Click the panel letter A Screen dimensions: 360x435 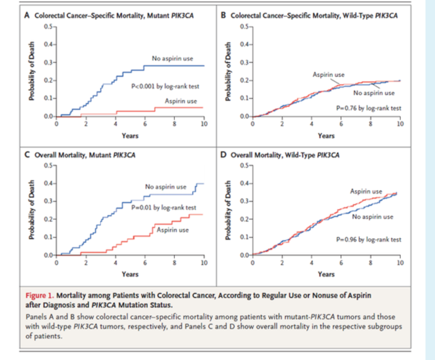(26, 16)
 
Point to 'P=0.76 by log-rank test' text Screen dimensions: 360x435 (368, 108)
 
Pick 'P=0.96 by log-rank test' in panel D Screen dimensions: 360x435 (368, 240)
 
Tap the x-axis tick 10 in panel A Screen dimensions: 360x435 (204, 124)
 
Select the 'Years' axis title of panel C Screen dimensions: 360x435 (130, 274)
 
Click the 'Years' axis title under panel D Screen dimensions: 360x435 (326, 274)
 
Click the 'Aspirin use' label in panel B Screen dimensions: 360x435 (328, 75)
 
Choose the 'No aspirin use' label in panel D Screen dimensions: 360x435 (372, 217)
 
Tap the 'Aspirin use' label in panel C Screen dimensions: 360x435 (173, 230)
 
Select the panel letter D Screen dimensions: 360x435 (224, 155)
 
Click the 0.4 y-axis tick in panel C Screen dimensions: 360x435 (48, 183)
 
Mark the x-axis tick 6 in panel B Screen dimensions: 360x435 (341, 124)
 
